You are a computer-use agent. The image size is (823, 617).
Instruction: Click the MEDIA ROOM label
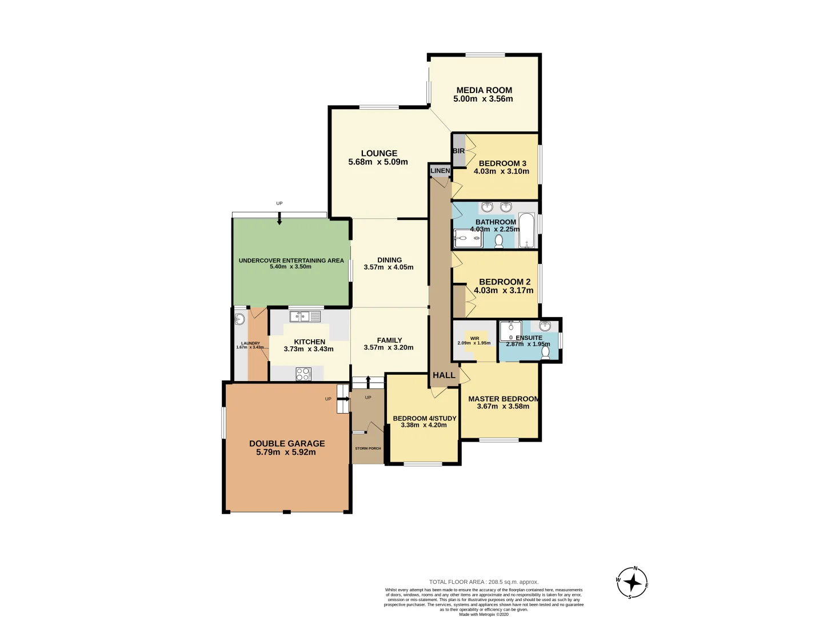(x=484, y=90)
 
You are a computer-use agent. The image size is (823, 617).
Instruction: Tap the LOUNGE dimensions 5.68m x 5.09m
(x=378, y=162)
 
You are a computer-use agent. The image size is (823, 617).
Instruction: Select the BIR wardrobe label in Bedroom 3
(x=458, y=151)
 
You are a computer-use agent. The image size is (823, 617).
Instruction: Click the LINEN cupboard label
(x=440, y=171)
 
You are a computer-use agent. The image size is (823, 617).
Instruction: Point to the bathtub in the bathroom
(x=526, y=230)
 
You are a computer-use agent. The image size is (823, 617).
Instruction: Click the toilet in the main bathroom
(x=498, y=241)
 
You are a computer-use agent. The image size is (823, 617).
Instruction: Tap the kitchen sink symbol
(x=305, y=316)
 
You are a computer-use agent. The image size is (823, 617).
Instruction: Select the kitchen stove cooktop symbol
(x=303, y=374)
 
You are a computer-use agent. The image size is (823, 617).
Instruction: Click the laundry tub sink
(x=240, y=319)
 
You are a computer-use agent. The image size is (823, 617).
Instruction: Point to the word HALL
(x=444, y=375)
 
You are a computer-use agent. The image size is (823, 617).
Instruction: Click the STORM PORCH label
(x=367, y=448)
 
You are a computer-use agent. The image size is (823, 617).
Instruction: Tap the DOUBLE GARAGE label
(x=287, y=443)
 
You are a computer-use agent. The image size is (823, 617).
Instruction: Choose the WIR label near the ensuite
(x=474, y=338)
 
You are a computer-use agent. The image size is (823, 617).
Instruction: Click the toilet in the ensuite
(x=545, y=352)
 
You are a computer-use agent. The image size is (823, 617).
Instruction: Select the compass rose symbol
(x=632, y=583)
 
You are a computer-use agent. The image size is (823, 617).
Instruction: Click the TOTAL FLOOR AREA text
(x=484, y=582)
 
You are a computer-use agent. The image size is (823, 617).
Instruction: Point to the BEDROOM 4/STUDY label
(x=424, y=418)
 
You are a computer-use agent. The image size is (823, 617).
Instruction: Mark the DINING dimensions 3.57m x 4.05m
(x=389, y=267)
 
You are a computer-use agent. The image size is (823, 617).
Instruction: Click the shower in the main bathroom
(x=468, y=238)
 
